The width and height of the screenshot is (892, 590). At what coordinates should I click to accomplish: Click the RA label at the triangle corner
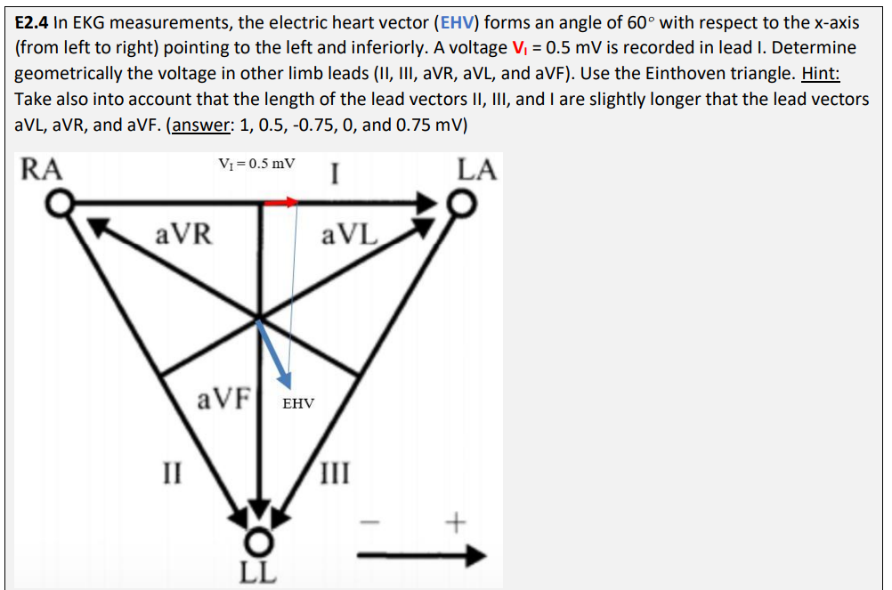pyautogui.click(x=42, y=169)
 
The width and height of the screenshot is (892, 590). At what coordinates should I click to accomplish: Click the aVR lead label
pyautogui.click(x=183, y=235)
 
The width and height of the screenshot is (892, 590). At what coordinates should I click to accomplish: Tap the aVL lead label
pyautogui.click(x=350, y=236)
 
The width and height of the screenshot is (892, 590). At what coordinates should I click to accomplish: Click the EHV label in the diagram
pyautogui.click(x=298, y=404)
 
